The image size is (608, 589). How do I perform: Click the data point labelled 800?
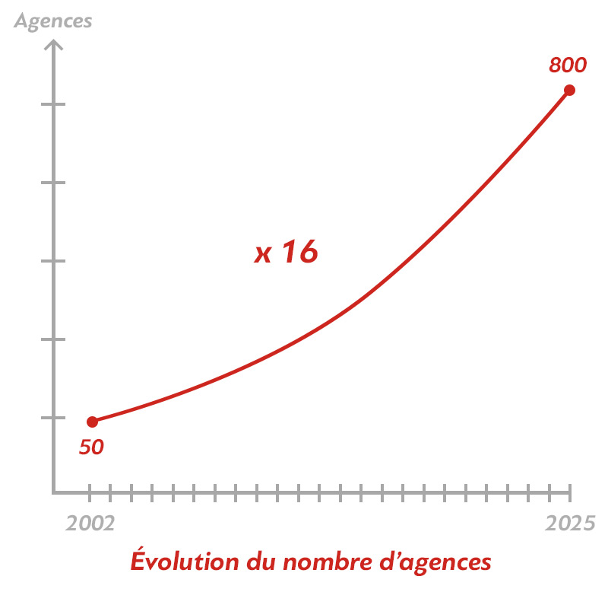point(568,90)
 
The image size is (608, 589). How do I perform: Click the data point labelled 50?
point(92,422)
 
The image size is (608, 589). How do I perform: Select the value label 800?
point(568,65)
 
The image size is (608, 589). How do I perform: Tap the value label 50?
point(91,447)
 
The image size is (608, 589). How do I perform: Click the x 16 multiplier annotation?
point(285,253)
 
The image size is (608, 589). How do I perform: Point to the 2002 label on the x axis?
point(90,523)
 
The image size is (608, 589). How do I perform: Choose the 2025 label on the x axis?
point(569,523)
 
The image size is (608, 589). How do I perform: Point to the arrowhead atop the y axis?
point(53,46)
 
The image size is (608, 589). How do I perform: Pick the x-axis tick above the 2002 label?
point(90,492)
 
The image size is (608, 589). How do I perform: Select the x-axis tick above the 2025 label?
point(569,492)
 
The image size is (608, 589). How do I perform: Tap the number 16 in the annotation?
point(298,253)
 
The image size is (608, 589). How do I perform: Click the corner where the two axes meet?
point(53,492)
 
